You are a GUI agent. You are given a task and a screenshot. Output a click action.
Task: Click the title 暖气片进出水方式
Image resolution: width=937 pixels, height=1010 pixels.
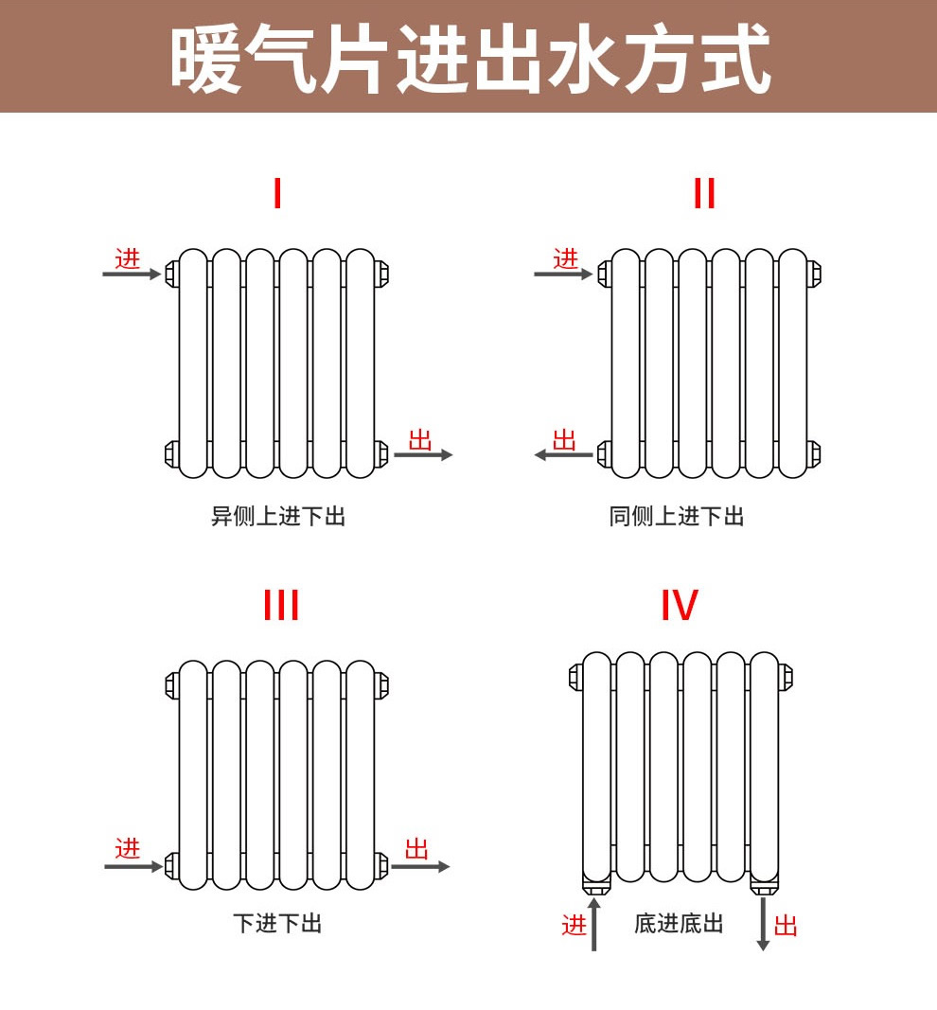click(470, 58)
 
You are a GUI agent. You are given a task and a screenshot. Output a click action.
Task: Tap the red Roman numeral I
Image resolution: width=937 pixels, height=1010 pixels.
click(277, 192)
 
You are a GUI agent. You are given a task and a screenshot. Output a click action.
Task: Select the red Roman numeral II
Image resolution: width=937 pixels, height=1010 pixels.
click(704, 192)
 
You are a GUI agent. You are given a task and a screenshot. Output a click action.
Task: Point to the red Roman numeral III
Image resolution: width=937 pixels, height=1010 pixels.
click(281, 605)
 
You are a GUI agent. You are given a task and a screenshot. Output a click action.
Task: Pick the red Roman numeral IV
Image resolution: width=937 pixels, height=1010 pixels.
click(680, 605)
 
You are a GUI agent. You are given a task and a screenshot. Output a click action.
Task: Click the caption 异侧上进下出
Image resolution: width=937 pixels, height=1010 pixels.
click(278, 516)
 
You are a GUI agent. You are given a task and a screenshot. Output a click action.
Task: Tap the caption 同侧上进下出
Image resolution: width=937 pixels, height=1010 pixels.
click(677, 516)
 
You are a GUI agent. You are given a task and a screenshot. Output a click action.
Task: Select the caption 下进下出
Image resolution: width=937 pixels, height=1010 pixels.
click(277, 923)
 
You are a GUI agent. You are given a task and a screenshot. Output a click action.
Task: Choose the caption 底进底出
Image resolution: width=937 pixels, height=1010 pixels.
click(679, 923)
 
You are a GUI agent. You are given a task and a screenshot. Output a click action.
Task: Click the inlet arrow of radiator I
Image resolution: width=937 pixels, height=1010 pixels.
click(132, 275)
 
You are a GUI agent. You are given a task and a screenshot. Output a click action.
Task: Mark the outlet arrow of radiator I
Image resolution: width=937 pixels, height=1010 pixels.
click(423, 454)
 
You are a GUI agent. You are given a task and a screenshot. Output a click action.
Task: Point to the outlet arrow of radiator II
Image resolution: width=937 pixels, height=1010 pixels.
click(563, 454)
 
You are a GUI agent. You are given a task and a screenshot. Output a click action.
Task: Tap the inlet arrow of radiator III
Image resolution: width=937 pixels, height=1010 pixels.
click(133, 866)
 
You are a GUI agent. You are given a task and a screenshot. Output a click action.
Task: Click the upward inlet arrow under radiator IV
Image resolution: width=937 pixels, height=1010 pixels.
click(593, 924)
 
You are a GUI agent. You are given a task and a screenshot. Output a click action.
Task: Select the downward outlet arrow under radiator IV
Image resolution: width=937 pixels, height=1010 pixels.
click(763, 924)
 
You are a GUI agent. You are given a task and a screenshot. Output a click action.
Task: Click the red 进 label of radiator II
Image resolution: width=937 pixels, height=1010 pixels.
click(565, 259)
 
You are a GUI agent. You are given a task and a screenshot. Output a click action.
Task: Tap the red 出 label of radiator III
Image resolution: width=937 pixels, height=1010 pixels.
click(416, 849)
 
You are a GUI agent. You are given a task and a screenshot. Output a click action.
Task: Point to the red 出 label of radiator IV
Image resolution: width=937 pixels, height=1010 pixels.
click(786, 927)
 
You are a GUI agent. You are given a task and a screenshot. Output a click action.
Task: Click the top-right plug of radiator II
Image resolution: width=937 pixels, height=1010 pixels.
click(814, 274)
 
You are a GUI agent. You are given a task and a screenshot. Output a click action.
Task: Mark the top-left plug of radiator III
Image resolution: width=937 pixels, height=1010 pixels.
click(172, 685)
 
